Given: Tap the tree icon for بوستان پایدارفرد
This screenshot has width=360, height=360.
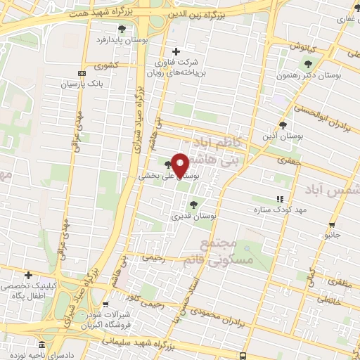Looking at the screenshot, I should (122, 29).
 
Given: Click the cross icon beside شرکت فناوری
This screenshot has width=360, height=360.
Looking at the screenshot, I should (176, 51).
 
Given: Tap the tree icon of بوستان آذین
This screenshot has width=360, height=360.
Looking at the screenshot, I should (283, 125).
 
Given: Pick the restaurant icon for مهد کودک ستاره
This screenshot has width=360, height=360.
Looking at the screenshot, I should (280, 199).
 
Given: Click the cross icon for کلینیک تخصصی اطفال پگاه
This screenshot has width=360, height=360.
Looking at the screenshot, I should (28, 275).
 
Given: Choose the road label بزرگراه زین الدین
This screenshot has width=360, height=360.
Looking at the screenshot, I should (204, 14).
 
